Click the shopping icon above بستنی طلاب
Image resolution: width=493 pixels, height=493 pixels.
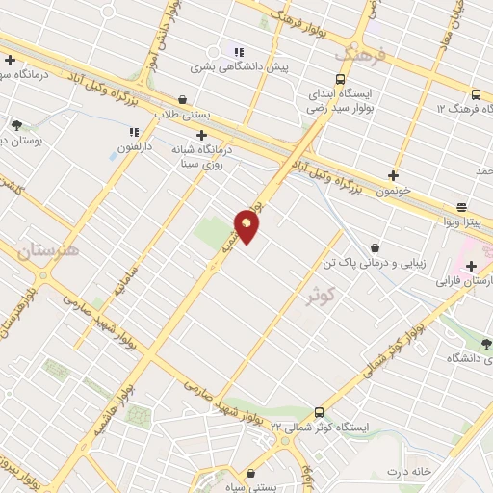coord(183,99)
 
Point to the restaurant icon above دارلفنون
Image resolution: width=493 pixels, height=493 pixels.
coord(134,131)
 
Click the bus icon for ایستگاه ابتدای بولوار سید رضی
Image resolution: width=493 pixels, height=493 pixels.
coord(340,79)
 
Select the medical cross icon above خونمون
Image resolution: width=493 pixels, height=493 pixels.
coord(392,175)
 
